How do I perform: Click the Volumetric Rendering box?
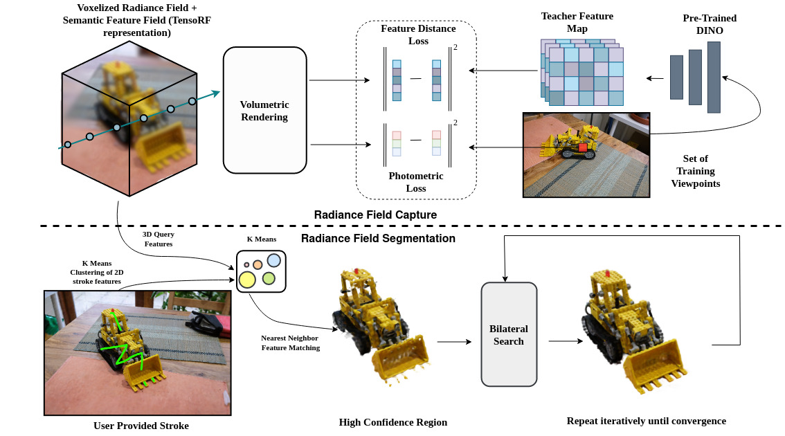click(x=264, y=111)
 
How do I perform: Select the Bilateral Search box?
click(x=509, y=334)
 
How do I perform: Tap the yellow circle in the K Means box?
click(x=246, y=280)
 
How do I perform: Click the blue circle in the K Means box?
click(x=273, y=260)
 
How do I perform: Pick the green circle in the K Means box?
click(x=269, y=278)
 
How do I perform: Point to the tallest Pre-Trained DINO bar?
click(x=714, y=76)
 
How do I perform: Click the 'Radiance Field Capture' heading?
click(x=375, y=215)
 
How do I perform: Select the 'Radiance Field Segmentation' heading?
click(x=378, y=239)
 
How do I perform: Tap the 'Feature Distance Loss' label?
click(x=418, y=35)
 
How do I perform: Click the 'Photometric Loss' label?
click(x=415, y=182)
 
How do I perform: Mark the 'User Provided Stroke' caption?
click(x=141, y=425)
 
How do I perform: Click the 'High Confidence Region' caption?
click(x=392, y=422)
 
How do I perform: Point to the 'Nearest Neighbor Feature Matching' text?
click(x=290, y=343)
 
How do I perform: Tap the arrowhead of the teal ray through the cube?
click(x=216, y=93)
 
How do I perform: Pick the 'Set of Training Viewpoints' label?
click(x=695, y=171)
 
